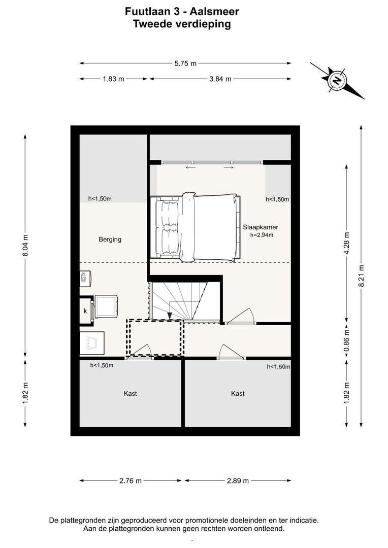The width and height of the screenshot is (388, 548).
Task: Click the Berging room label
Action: click(x=110, y=239)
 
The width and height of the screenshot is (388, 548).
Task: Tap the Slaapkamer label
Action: click(x=261, y=227)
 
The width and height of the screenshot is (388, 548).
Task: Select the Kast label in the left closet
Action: click(x=130, y=394)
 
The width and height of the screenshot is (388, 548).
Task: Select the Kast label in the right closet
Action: click(x=238, y=394)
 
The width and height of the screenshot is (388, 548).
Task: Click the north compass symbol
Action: click(x=337, y=81)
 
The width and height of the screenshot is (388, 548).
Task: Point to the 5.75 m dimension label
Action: click(x=185, y=63)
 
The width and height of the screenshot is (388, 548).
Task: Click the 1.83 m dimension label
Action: click(x=113, y=79)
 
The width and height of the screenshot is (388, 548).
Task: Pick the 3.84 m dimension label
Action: click(x=220, y=79)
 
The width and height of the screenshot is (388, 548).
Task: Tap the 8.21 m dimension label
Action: click(x=362, y=276)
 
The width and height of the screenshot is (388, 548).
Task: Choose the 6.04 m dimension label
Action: click(x=25, y=246)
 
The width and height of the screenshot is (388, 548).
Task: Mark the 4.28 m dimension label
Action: click(x=347, y=243)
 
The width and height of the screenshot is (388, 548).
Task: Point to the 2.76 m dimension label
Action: click(x=131, y=481)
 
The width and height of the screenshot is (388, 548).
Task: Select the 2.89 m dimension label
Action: click(x=238, y=481)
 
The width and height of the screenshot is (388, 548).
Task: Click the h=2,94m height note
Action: click(x=262, y=235)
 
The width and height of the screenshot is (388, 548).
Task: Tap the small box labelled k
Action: click(x=85, y=311)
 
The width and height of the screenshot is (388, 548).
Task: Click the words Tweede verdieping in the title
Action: click(x=182, y=24)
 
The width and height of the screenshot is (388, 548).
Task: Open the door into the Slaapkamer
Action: click(x=240, y=316)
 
